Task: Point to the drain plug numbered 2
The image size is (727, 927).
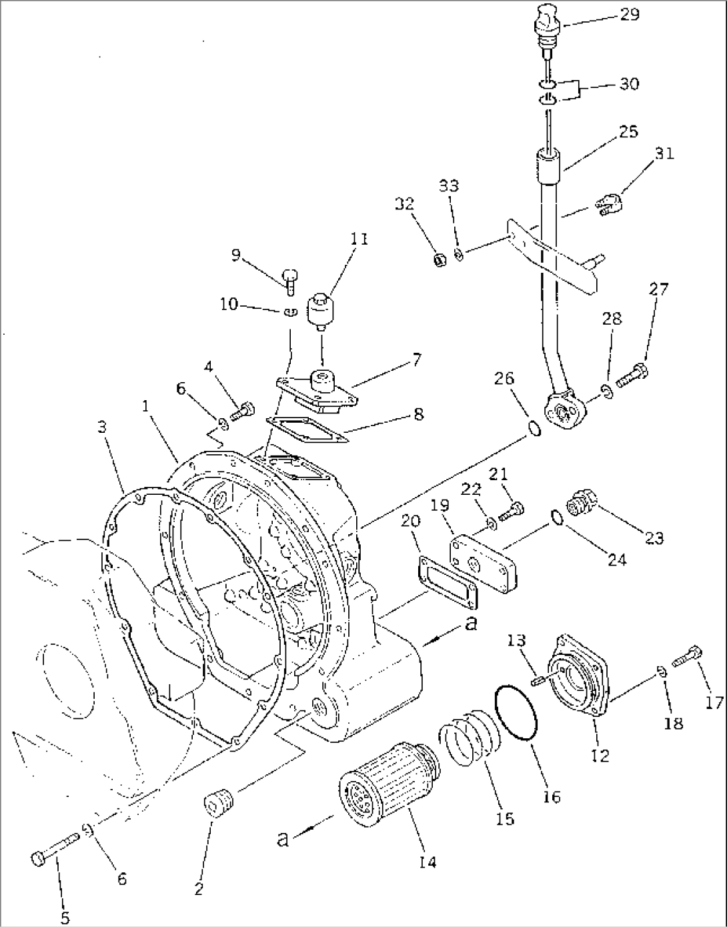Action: [217, 803]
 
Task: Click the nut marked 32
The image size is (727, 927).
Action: [438, 259]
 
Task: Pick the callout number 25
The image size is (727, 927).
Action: [628, 131]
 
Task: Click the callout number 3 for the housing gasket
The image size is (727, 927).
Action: [101, 427]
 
